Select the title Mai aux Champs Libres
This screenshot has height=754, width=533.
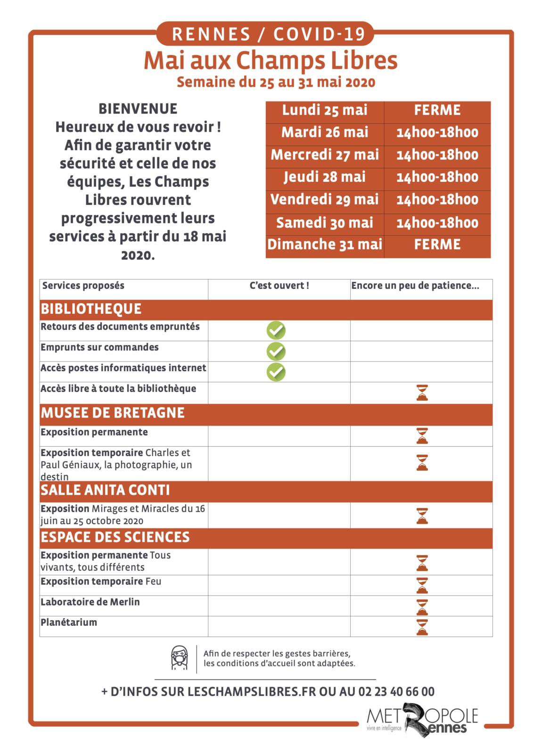(270, 60)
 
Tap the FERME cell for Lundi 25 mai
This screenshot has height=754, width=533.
(437, 110)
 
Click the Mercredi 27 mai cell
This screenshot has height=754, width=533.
(325, 155)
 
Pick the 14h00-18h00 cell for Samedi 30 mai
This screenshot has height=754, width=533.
(437, 223)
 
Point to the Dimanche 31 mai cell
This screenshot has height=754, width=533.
(325, 245)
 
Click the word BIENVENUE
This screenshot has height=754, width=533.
(138, 109)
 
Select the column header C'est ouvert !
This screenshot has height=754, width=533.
(279, 286)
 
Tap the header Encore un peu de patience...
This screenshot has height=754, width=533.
(415, 286)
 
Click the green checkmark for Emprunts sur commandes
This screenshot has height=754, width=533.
(276, 351)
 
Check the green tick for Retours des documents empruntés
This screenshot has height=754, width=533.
(276, 330)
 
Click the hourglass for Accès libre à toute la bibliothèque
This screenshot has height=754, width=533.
(422, 393)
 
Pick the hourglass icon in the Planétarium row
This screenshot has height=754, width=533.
(422, 627)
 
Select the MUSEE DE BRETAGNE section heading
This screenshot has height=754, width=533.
(113, 413)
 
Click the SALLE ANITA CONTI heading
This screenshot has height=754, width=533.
(105, 490)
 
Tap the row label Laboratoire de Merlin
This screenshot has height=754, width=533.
(90, 602)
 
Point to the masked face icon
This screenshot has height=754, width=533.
(179, 658)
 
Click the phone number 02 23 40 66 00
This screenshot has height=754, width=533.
(396, 692)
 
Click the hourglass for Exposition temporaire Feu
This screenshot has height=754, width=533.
(422, 585)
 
